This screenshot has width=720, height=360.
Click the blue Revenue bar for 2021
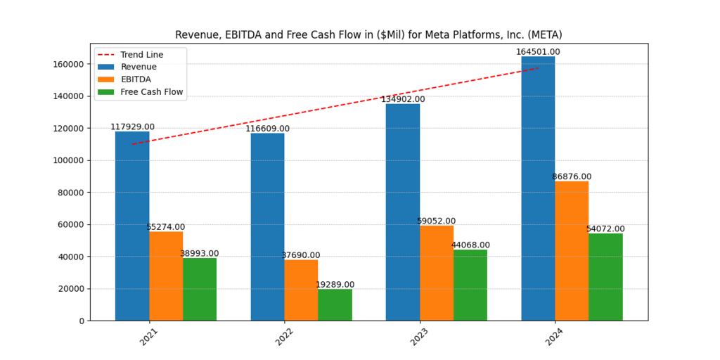point(132,226)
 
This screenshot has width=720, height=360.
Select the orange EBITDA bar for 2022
point(301,290)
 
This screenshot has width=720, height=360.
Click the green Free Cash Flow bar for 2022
point(335,305)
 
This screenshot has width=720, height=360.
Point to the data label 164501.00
point(538,52)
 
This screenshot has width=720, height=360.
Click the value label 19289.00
point(335,285)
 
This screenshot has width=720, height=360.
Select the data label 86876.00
point(572,176)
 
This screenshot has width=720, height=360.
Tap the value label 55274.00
point(166,227)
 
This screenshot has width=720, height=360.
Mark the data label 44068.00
point(470,245)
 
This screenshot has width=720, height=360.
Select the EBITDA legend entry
point(136,79)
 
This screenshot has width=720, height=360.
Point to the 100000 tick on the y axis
point(69,160)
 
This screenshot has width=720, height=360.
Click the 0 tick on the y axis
point(82,321)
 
